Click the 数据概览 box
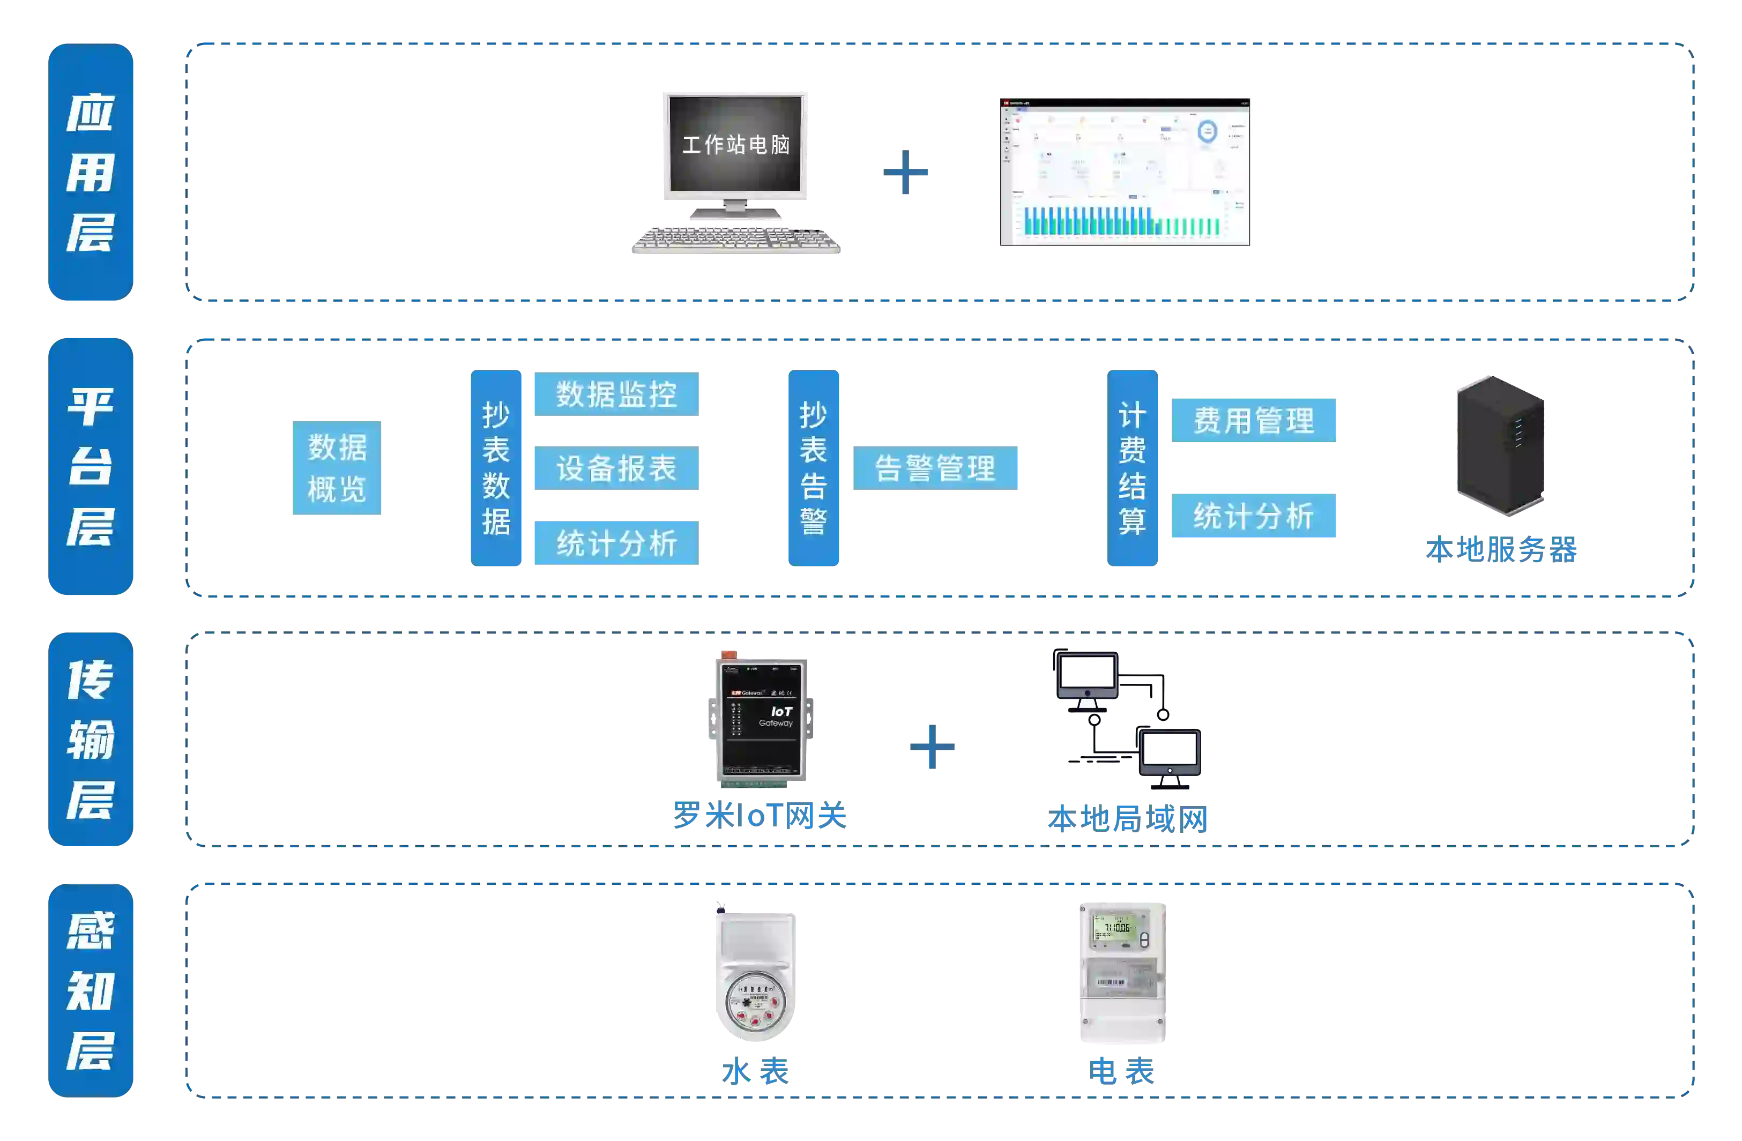tap(336, 468)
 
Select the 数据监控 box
tap(615, 393)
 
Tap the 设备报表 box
tap(615, 468)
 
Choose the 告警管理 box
tap(936, 468)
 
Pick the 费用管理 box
tap(1254, 420)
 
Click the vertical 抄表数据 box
tap(495, 468)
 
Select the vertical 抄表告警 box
tap(813, 468)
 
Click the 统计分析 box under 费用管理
tap(1254, 516)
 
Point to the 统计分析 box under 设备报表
tap(615, 542)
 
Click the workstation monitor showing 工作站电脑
tap(735, 145)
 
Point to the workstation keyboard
tap(736, 240)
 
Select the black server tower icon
tap(1500, 444)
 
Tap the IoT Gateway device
tap(761, 719)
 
